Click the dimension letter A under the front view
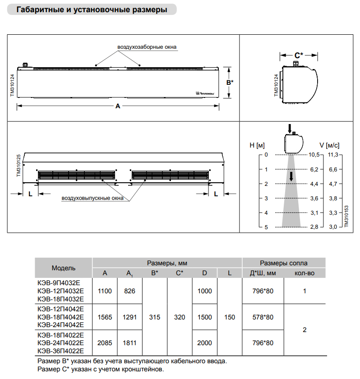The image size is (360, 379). click(x=118, y=106)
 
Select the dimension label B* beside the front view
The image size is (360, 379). click(x=230, y=83)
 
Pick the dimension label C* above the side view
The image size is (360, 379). click(x=299, y=55)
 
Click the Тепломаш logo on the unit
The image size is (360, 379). click(x=205, y=93)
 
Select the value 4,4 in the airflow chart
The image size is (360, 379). click(x=314, y=184)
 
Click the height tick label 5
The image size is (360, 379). click(x=266, y=227)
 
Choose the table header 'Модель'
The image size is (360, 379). click(x=64, y=268)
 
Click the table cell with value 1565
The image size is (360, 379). click(x=105, y=317)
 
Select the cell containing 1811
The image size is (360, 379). click(x=129, y=343)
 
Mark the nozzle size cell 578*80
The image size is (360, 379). click(x=263, y=317)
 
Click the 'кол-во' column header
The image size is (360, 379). click(x=305, y=273)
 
